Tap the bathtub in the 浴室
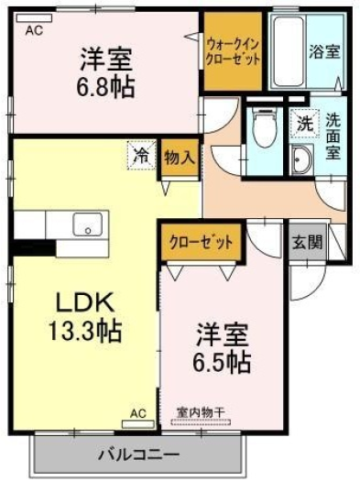(289, 51)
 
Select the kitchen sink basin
(87, 224)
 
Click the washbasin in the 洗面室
(301, 159)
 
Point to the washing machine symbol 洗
(306, 125)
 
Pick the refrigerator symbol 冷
(142, 155)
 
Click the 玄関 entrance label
(307, 243)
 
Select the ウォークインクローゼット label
(233, 51)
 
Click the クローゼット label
(202, 243)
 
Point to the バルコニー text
(138, 454)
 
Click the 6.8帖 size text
(105, 87)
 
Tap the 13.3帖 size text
(85, 331)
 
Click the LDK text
(85, 302)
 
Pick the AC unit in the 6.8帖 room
(34, 18)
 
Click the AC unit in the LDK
(138, 424)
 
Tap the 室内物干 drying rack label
(201, 412)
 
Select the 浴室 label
(324, 51)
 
